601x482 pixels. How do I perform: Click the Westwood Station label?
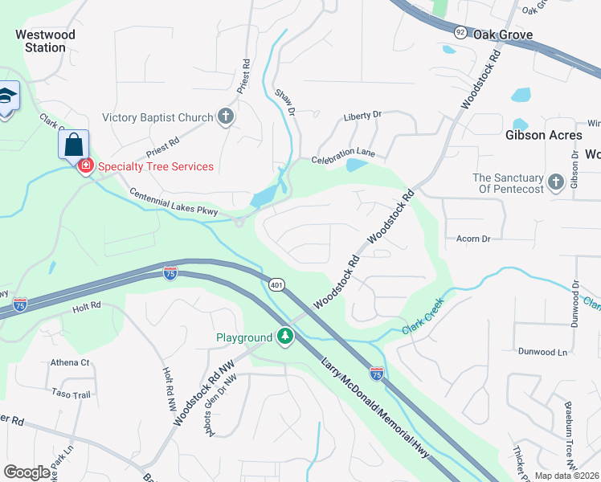[x=45, y=41]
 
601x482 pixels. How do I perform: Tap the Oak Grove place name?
[x=503, y=35]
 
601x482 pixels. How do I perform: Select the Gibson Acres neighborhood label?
[x=543, y=135]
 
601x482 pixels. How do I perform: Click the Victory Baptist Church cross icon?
[x=226, y=117]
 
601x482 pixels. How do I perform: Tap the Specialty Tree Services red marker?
[x=85, y=166]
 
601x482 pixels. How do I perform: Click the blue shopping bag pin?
[x=73, y=145]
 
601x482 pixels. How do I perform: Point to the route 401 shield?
[x=276, y=285]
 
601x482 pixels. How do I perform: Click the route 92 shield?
[x=460, y=31]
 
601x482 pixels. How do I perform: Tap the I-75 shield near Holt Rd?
[x=20, y=304]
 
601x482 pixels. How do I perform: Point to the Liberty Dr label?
[x=362, y=116]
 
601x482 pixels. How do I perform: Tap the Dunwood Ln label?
[x=542, y=352]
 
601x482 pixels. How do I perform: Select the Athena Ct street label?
[x=70, y=362]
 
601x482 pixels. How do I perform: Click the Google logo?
[x=27, y=472]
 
